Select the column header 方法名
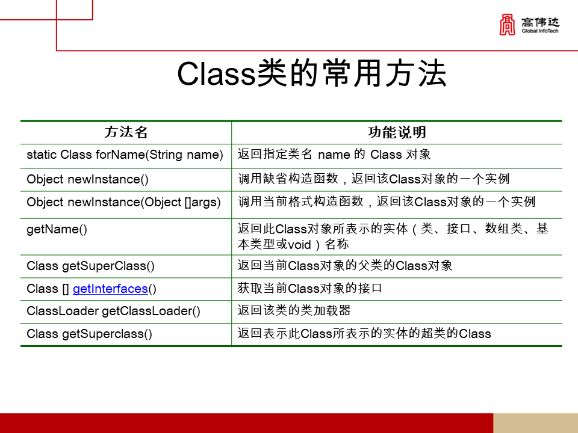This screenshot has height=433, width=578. coord(126,132)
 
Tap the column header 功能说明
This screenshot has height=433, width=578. coord(397,132)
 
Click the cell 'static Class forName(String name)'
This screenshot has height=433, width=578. coord(125,155)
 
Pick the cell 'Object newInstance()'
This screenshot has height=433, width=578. coord(87,179)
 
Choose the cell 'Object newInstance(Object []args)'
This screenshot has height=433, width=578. coord(123,202)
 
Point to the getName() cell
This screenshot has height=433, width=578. coord(57,229)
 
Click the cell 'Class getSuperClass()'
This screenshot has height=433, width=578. coord(90,265)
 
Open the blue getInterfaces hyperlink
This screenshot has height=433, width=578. coord(110,289)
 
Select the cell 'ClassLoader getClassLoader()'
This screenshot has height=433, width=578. coord(113,311)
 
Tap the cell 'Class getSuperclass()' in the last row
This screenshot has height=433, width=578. coord(89,333)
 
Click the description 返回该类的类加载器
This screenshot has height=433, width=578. coord(294,310)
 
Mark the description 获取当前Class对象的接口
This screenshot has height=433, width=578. coord(310,289)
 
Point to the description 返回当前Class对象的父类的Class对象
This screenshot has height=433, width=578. coord(344,265)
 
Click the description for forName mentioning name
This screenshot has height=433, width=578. coord(334,155)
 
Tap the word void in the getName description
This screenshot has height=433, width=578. coord(299,245)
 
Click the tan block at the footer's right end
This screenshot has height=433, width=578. coord(535,423)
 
